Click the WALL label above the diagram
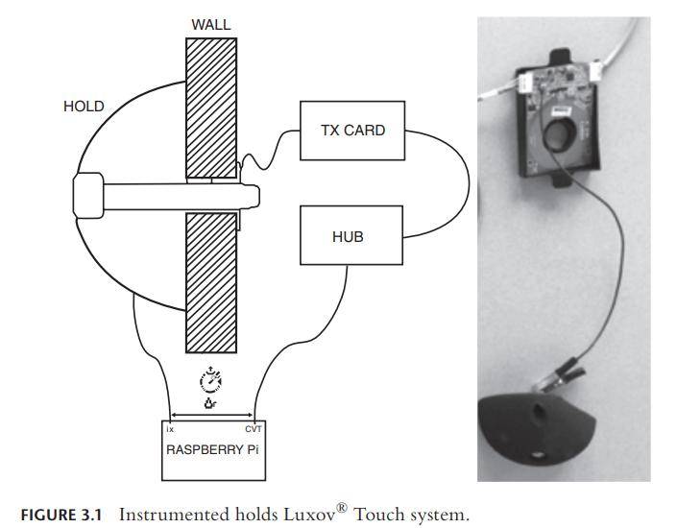[x=209, y=23]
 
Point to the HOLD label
[x=84, y=107]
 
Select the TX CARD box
[x=351, y=129]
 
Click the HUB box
[x=347, y=235]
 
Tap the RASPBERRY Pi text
[x=213, y=447]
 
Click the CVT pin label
[x=253, y=428]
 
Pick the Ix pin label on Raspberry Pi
[x=171, y=428]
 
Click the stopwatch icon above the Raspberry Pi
[x=210, y=380]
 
